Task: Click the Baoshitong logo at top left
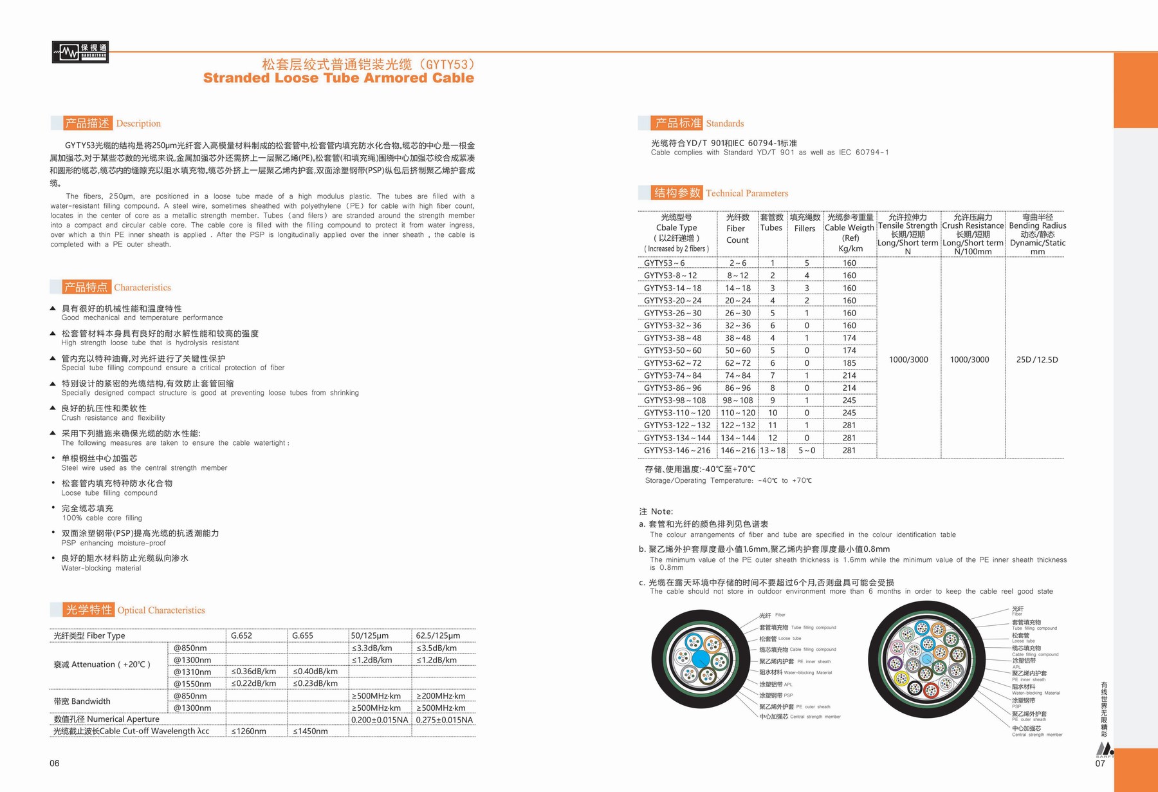point(80,52)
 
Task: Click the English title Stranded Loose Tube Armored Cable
point(338,78)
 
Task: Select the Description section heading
point(112,123)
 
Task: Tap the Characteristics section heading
point(116,287)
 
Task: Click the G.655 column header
point(302,636)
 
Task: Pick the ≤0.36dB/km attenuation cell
point(253,672)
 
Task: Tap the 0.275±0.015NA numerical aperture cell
point(444,719)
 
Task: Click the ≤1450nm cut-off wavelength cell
point(310,731)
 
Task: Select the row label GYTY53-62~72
point(673,363)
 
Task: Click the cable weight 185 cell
point(849,363)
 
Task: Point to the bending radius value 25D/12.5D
point(1036,360)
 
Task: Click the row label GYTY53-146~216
point(677,451)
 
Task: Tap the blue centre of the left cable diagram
point(701,659)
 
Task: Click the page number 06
point(55,764)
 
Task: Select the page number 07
point(1100,764)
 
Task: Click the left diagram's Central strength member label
point(800,717)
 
